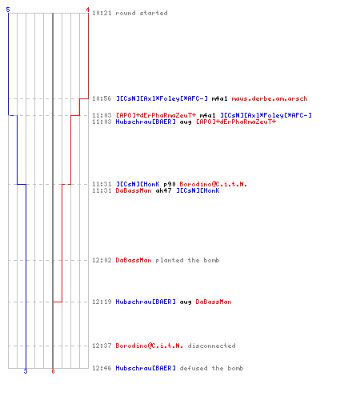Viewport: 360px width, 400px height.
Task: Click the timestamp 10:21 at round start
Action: point(102,13)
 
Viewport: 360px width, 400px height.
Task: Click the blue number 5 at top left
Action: point(8,10)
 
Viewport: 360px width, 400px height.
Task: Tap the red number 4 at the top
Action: point(88,10)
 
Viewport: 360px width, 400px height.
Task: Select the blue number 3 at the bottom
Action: point(26,371)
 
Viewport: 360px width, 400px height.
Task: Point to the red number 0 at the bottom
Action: point(53,371)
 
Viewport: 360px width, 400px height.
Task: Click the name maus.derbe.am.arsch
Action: point(270,98)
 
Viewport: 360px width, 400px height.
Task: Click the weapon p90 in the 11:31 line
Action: point(170,184)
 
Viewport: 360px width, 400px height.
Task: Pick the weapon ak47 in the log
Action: point(163,190)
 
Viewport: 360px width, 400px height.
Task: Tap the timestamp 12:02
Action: point(102,260)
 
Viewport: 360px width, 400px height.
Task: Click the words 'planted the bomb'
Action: point(187,260)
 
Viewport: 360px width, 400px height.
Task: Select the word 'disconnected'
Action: point(211,346)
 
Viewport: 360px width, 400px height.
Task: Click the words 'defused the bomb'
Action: point(211,368)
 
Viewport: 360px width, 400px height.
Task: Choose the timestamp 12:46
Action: point(102,368)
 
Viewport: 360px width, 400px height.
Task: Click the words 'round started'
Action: point(142,13)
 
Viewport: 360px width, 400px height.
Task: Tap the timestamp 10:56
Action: point(102,98)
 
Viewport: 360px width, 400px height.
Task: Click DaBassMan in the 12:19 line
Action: point(214,302)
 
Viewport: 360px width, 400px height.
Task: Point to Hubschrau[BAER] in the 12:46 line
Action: point(146,368)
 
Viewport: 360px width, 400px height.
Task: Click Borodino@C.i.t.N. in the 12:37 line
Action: point(150,346)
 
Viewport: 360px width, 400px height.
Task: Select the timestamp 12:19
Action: point(102,302)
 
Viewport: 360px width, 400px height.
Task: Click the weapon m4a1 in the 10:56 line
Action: point(219,98)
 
